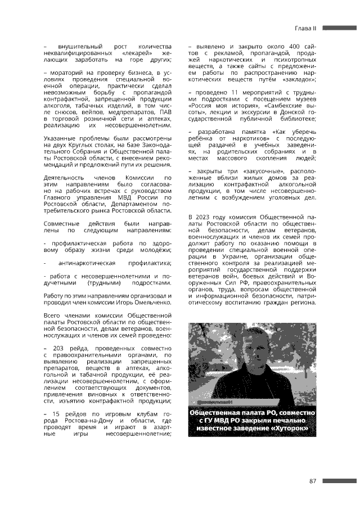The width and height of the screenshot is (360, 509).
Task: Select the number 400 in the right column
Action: click(x=291, y=45)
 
